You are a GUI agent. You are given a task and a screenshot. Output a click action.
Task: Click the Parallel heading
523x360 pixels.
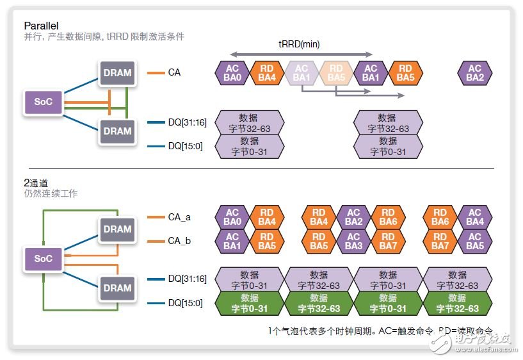point(42,26)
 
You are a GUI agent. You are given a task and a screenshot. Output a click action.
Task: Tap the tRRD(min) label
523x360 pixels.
point(298,44)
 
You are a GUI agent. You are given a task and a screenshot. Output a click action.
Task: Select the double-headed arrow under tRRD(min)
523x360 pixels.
point(301,54)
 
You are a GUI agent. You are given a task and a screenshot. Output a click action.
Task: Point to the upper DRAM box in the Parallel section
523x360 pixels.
point(117,73)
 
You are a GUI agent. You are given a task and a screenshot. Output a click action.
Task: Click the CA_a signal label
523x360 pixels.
point(179,218)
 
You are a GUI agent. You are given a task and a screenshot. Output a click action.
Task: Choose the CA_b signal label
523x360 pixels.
point(179,241)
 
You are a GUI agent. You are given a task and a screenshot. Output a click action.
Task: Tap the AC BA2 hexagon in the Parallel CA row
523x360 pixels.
point(474,73)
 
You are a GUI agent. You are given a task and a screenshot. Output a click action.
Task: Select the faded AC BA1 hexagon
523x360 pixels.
point(301,73)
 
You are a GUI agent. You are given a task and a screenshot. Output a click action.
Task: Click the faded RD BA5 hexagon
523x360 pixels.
point(335,73)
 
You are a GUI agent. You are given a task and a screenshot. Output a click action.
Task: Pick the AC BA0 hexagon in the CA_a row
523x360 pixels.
point(232,217)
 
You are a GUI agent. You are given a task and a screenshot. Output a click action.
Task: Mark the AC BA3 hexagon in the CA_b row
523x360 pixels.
point(353,241)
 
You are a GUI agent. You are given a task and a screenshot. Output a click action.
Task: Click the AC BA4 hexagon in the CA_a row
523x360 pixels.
point(474,217)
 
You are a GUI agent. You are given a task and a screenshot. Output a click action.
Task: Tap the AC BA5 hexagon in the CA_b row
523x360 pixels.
point(474,241)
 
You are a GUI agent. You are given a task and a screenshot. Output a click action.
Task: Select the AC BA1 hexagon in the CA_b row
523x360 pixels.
point(232,241)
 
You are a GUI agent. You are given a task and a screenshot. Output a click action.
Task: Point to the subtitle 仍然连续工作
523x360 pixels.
point(51,193)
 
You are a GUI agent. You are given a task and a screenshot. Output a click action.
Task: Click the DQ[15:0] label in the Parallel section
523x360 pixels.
point(185,146)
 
